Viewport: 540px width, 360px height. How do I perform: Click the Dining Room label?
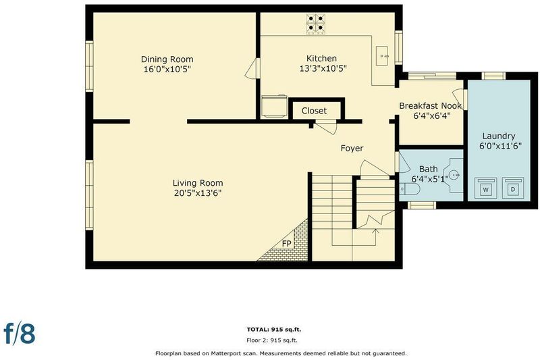(167, 59)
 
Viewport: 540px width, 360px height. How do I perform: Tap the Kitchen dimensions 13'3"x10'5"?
(323, 68)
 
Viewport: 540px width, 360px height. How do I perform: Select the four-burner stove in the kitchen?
(315, 24)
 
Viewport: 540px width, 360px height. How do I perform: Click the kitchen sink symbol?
(382, 56)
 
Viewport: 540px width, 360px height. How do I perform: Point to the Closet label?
(314, 111)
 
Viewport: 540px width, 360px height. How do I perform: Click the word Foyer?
(352, 148)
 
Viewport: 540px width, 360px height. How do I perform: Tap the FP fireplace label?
(286, 244)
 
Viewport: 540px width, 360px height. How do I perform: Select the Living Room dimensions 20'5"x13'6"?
(198, 193)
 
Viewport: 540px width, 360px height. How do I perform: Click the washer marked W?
(485, 188)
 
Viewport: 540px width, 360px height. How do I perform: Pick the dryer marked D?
(513, 188)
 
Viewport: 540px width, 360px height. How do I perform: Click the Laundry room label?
(499, 136)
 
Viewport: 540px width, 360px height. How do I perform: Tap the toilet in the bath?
(410, 189)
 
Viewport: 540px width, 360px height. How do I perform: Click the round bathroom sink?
(455, 175)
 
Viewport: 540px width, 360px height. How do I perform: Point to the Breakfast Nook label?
(430, 106)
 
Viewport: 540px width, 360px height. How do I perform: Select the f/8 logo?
(20, 334)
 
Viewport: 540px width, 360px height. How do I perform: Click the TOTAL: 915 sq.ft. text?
(274, 330)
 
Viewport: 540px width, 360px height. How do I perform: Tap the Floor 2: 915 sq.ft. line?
(272, 340)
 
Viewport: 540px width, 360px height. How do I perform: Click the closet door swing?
(326, 127)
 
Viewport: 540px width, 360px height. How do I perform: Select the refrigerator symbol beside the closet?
(275, 107)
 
